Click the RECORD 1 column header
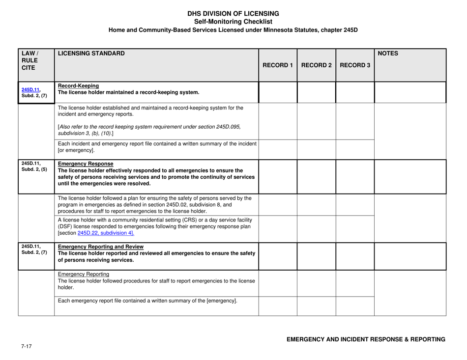click(x=278, y=65)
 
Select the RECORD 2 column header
click(x=317, y=65)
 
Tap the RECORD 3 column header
click(x=355, y=65)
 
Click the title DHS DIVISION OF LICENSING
click(x=233, y=13)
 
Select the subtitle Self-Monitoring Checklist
click(x=233, y=22)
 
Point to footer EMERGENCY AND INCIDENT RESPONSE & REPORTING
click(x=366, y=339)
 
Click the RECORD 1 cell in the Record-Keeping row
click(x=278, y=92)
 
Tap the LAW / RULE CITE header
click(x=30, y=61)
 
